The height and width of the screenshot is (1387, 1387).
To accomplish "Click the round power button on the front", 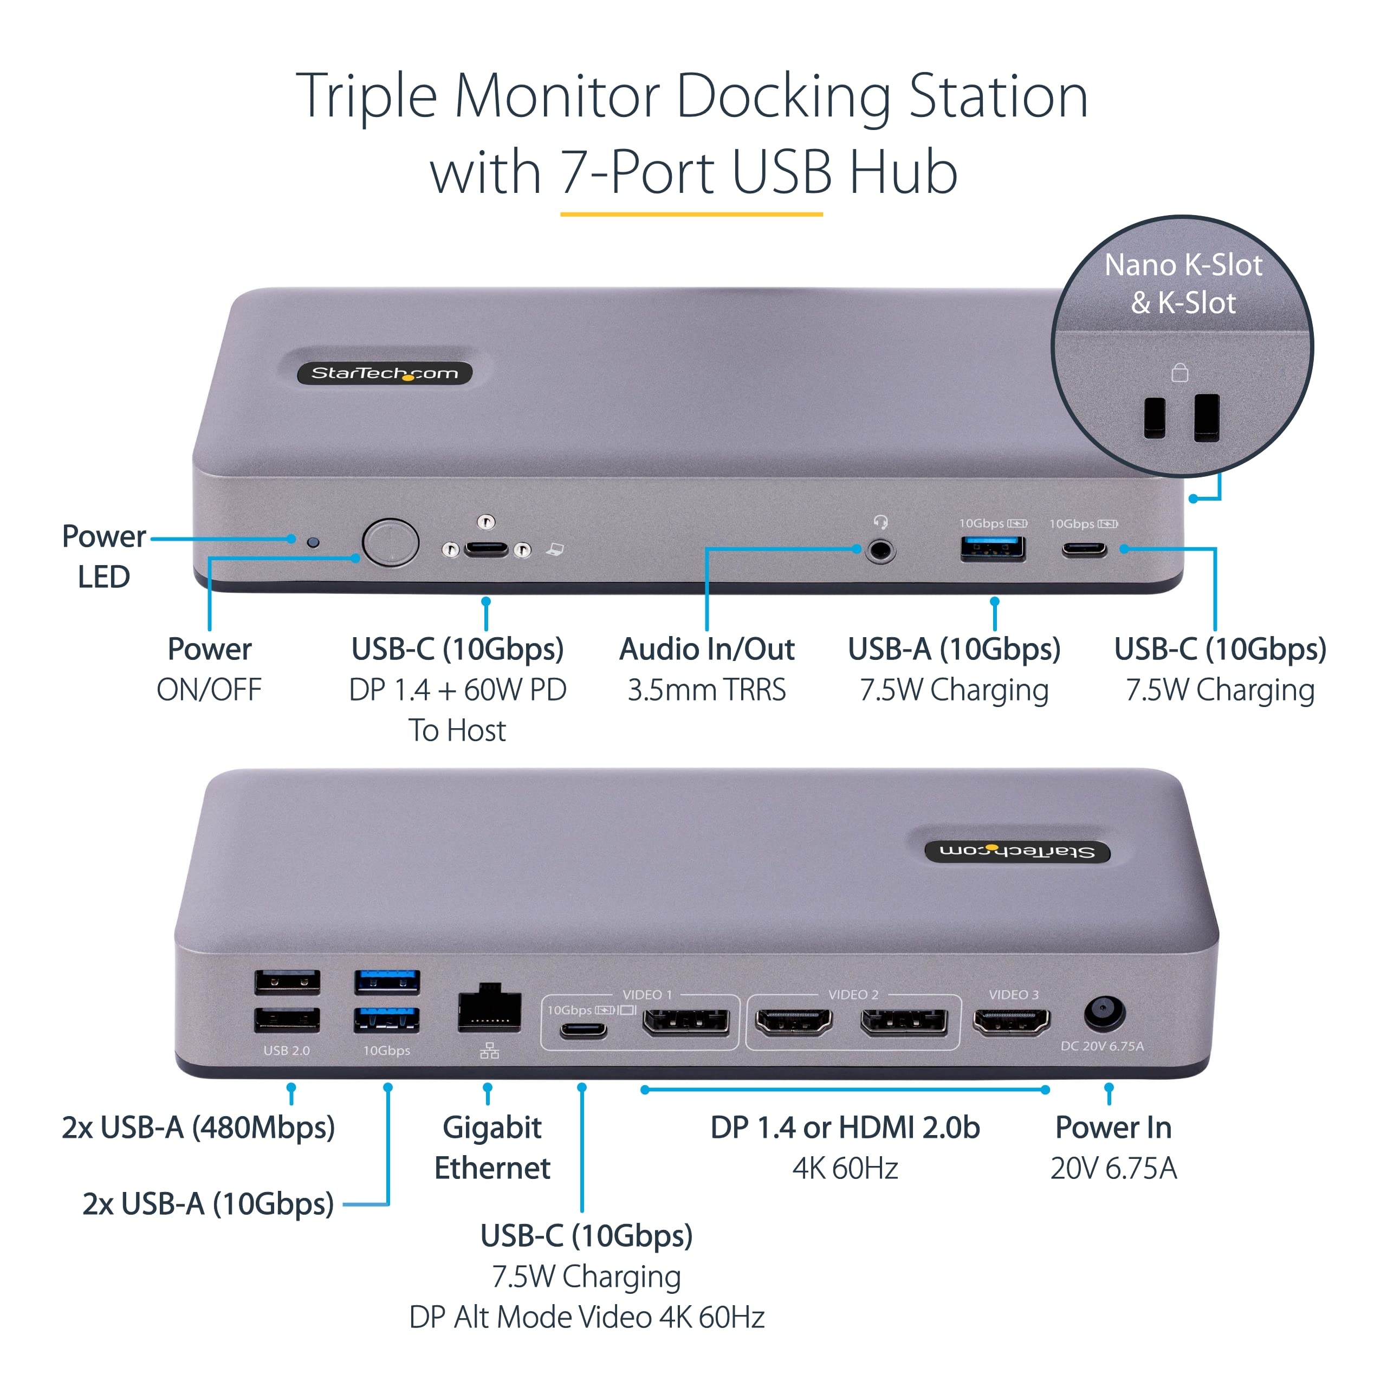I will [x=391, y=543].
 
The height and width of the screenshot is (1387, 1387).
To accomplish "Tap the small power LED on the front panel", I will [x=313, y=542].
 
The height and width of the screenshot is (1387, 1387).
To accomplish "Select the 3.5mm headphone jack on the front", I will [x=880, y=552].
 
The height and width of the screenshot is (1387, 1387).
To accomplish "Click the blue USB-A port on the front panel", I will [x=993, y=548].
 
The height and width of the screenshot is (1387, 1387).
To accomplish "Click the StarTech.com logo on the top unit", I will [x=385, y=373].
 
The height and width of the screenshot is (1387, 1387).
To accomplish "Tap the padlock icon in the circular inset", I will [x=1179, y=373].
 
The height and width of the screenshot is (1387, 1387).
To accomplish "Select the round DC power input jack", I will [x=1104, y=1012].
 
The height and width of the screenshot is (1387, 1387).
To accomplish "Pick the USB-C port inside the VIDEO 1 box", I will [x=583, y=1032].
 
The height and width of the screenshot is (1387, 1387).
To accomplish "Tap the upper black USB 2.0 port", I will [x=287, y=981].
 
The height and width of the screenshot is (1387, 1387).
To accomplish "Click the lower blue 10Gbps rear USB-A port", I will [x=387, y=1020].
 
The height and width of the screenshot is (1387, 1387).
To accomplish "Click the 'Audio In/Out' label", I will [x=707, y=649].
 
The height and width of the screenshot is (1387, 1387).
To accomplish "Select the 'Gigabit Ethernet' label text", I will [x=492, y=1147].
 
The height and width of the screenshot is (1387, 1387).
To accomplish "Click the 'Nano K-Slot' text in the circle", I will [x=1183, y=265].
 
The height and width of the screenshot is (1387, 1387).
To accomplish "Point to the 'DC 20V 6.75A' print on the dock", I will [x=1102, y=1046].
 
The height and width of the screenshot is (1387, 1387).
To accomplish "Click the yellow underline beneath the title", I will [x=691, y=214].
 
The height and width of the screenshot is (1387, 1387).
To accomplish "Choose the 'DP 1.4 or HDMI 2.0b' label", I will [x=845, y=1128].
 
